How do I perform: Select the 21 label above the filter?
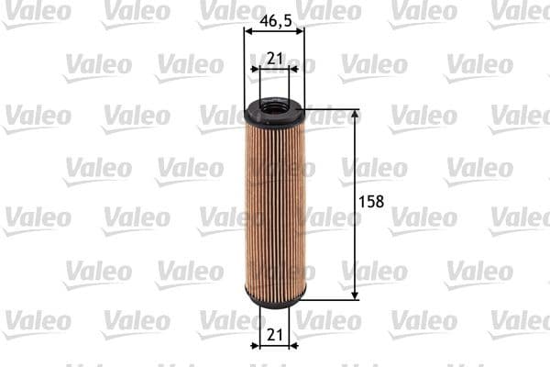[x=273, y=59]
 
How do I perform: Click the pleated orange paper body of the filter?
[x=274, y=206]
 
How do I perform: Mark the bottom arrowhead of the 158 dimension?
[x=355, y=295]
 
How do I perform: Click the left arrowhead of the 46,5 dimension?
[x=247, y=29]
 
